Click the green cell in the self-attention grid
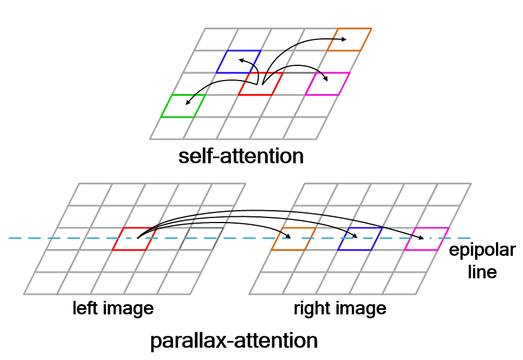coord(183,106)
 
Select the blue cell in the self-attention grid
coord(238,61)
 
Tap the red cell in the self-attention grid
coord(260,84)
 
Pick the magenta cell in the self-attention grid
coord(328,83)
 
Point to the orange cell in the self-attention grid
coord(349,39)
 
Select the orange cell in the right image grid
coord(293,239)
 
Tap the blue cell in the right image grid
coord(360,239)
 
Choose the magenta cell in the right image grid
coord(427,239)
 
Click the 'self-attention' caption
coord(241,155)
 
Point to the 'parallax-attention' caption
coord(233,341)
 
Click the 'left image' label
coord(113,308)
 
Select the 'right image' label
coord(340,308)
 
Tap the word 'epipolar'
coord(482,250)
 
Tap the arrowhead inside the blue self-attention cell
coord(241,59)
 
